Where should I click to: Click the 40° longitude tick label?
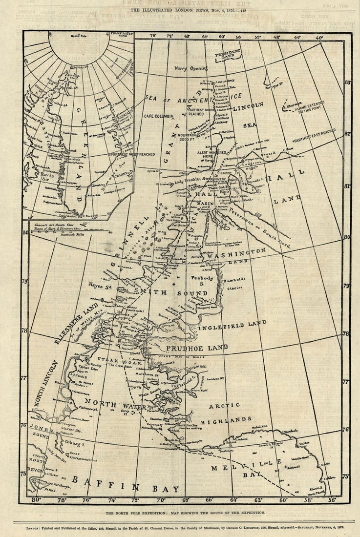tap(319, 37)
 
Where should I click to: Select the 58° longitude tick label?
tap(308, 500)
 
